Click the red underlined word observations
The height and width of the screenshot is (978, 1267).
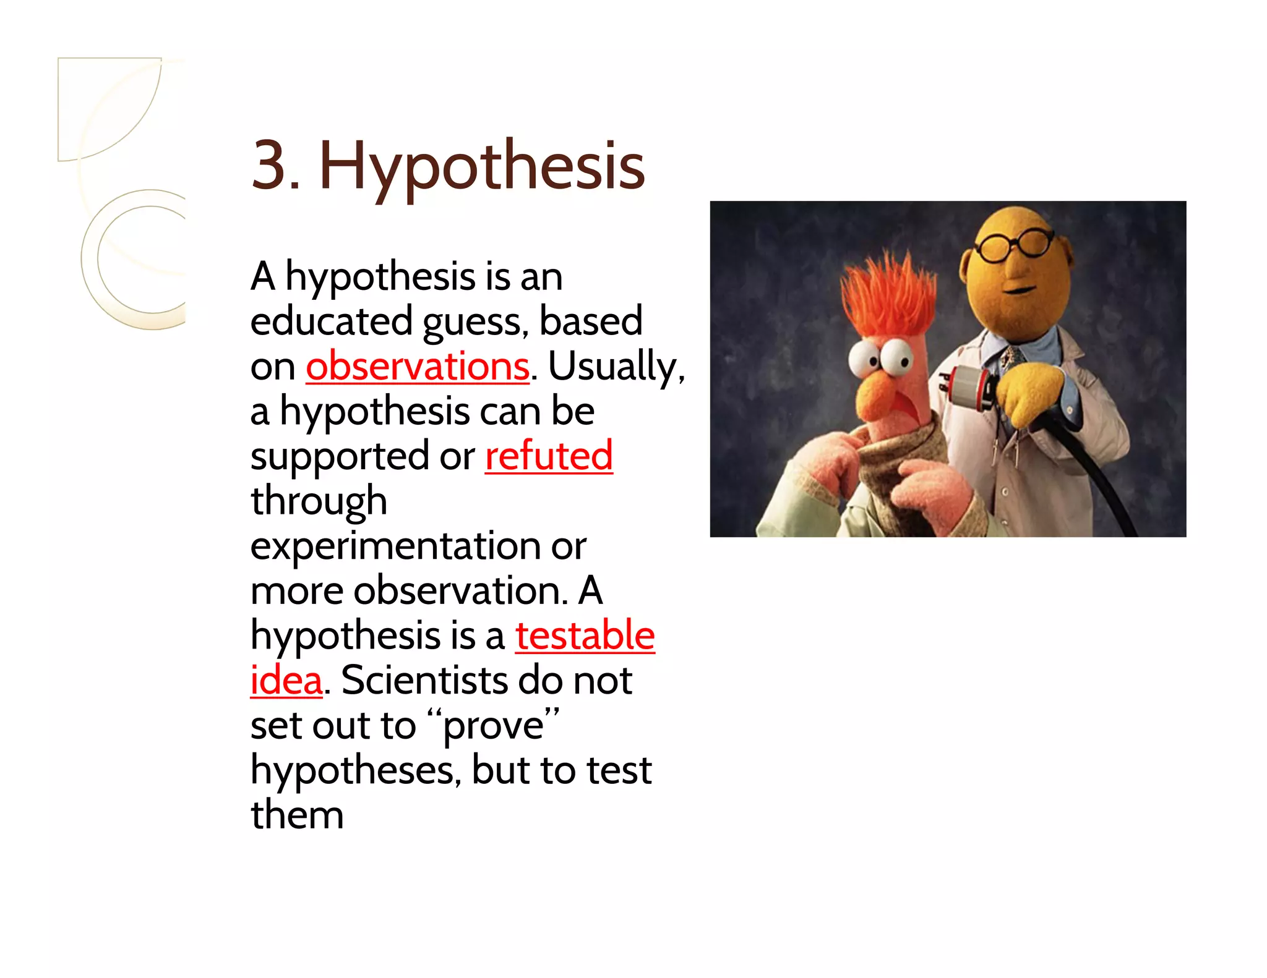pos(418,366)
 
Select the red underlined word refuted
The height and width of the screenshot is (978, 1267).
pos(549,456)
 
